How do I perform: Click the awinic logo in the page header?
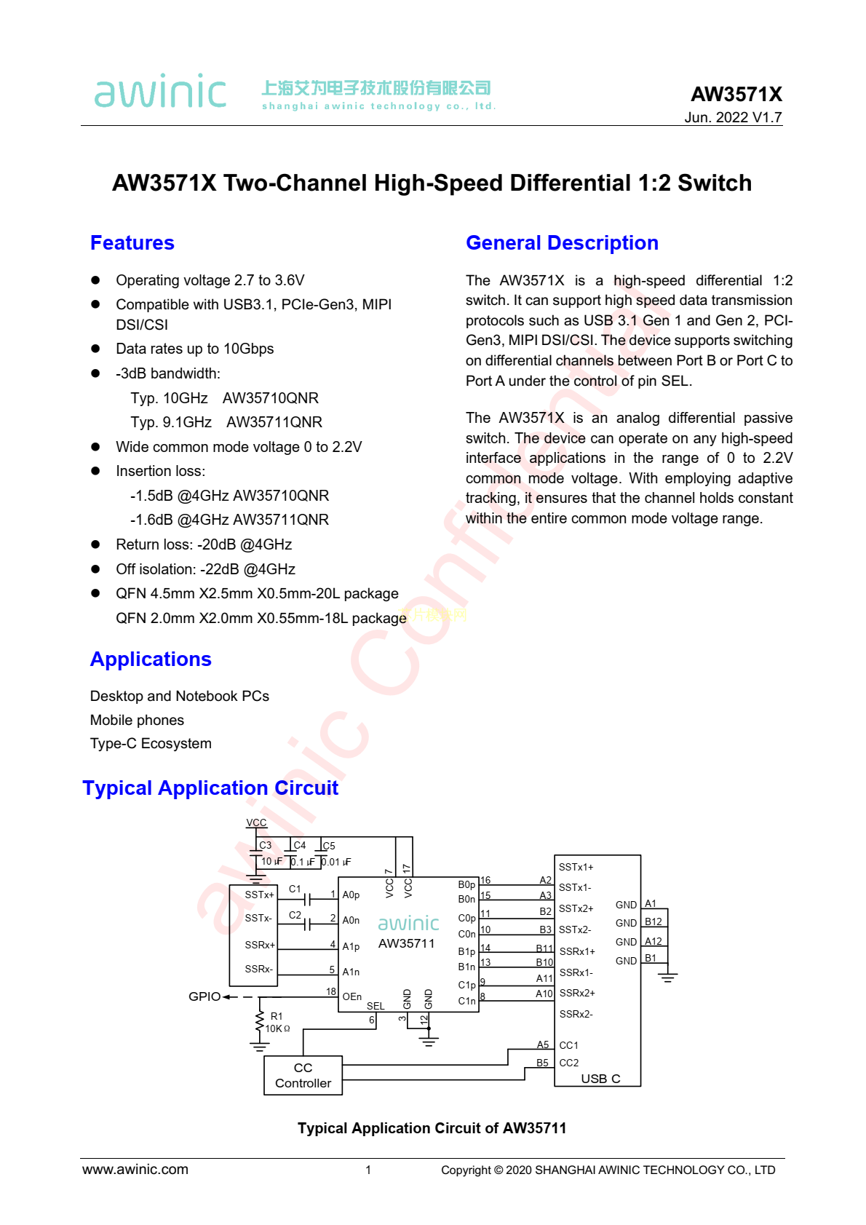[x=160, y=92]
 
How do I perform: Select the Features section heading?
[x=132, y=243]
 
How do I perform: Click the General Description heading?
[x=562, y=243]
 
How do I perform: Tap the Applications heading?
[x=151, y=659]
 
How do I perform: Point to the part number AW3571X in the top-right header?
[x=736, y=95]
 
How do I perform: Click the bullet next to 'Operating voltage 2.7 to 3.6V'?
[x=95, y=280]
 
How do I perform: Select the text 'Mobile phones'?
[x=137, y=721]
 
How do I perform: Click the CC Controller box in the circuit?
[x=303, y=1076]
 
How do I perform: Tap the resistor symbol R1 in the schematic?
[x=259, y=1022]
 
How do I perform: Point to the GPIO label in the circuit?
[x=204, y=996]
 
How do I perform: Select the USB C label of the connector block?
[x=600, y=1079]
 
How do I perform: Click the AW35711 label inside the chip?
[x=406, y=944]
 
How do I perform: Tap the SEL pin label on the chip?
[x=376, y=1006]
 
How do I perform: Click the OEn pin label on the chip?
[x=352, y=996]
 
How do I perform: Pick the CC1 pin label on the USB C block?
[x=568, y=1045]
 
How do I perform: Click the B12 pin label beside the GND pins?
[x=654, y=922]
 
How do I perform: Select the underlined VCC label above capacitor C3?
[x=256, y=823]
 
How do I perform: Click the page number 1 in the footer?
[x=368, y=1170]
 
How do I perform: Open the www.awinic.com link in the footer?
[x=135, y=1170]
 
